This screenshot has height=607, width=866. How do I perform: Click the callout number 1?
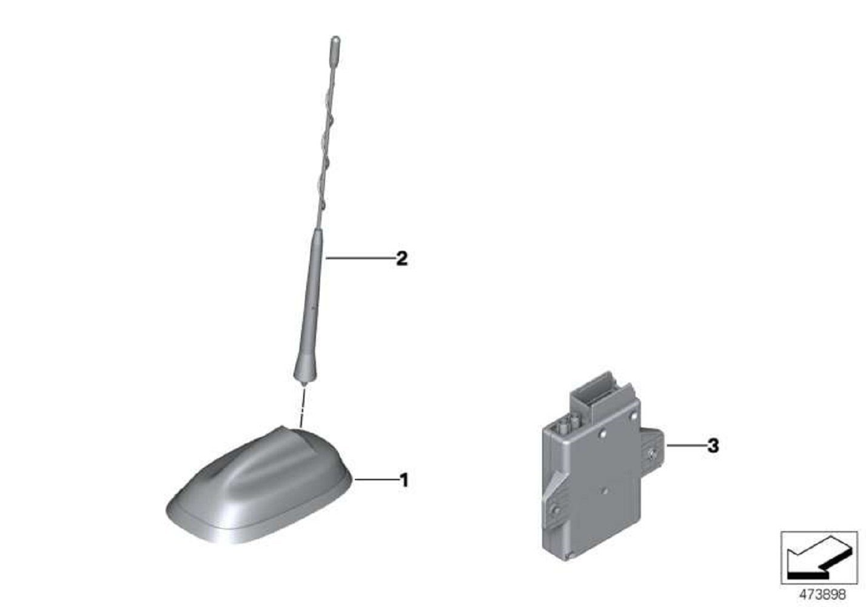click(x=403, y=481)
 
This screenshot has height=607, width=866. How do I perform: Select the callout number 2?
click(x=401, y=259)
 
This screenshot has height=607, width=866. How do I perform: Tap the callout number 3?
click(x=713, y=446)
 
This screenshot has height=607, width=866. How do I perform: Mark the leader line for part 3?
click(x=685, y=446)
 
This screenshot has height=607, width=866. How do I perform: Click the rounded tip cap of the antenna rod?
click(x=334, y=44)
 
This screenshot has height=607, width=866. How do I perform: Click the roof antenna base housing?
click(x=261, y=486)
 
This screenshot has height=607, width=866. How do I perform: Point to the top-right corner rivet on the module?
click(x=634, y=416)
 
